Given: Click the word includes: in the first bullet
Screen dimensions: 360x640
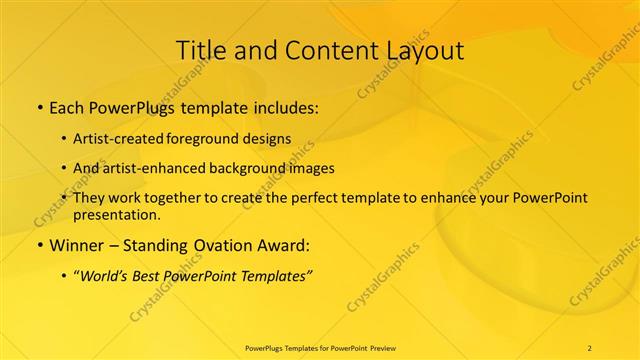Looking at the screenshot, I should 285,105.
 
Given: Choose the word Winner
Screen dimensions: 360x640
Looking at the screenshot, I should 76,244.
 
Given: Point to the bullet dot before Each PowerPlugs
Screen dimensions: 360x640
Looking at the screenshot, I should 39,105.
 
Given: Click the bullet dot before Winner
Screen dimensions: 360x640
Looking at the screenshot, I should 39,244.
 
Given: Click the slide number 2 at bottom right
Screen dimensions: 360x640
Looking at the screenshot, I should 590,347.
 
